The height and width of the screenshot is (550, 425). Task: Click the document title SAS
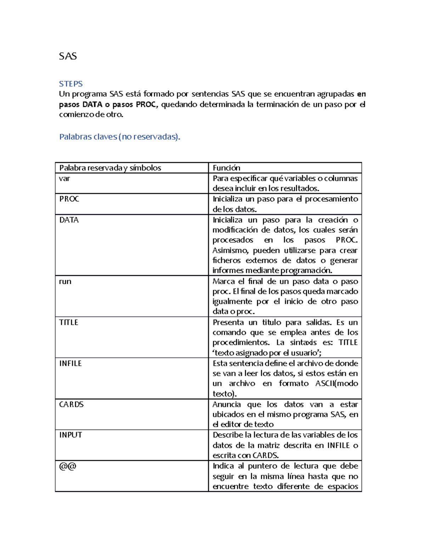pyautogui.click(x=68, y=56)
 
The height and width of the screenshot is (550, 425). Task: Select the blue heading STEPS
pyautogui.click(x=71, y=84)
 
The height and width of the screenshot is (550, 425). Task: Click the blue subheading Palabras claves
pyautogui.click(x=119, y=137)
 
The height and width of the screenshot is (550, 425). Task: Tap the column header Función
pyautogui.click(x=226, y=168)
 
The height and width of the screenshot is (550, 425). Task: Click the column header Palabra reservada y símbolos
pyautogui.click(x=110, y=168)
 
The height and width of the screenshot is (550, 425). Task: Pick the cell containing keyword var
pyautogui.click(x=64, y=178)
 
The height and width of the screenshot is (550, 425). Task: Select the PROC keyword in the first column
pyautogui.click(x=69, y=199)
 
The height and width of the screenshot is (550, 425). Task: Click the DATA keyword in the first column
pyautogui.click(x=69, y=220)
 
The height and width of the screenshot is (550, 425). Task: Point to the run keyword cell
pyautogui.click(x=65, y=282)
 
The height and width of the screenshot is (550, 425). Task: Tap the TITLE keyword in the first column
pyautogui.click(x=69, y=322)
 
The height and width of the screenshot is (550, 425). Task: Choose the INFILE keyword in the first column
pyautogui.click(x=70, y=363)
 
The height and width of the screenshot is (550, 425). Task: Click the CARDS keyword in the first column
pyautogui.click(x=71, y=404)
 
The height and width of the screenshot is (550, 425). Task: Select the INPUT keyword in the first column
pyautogui.click(x=70, y=435)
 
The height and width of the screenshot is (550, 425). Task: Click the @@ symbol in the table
pyautogui.click(x=68, y=466)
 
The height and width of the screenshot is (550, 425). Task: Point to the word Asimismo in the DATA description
pyautogui.click(x=230, y=251)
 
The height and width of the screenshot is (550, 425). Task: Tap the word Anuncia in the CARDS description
pyautogui.click(x=227, y=404)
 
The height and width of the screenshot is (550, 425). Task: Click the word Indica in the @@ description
pyautogui.click(x=223, y=466)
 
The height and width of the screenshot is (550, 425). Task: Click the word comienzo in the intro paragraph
pyautogui.click(x=74, y=114)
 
